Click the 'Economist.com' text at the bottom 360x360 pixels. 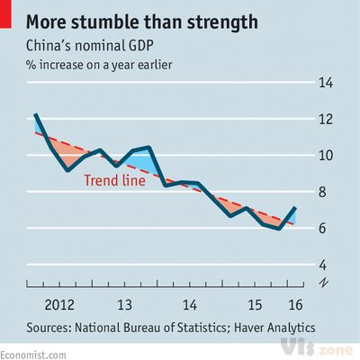tap(33, 354)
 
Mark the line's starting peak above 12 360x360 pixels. tap(35, 114)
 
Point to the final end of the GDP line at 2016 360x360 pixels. tap(294, 209)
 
